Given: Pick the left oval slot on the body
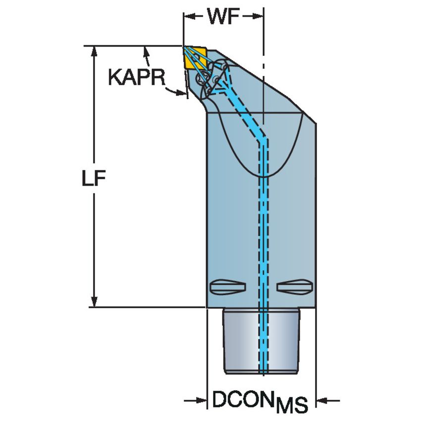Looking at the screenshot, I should point(227,286).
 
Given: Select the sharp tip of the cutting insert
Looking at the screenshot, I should point(184,48).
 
